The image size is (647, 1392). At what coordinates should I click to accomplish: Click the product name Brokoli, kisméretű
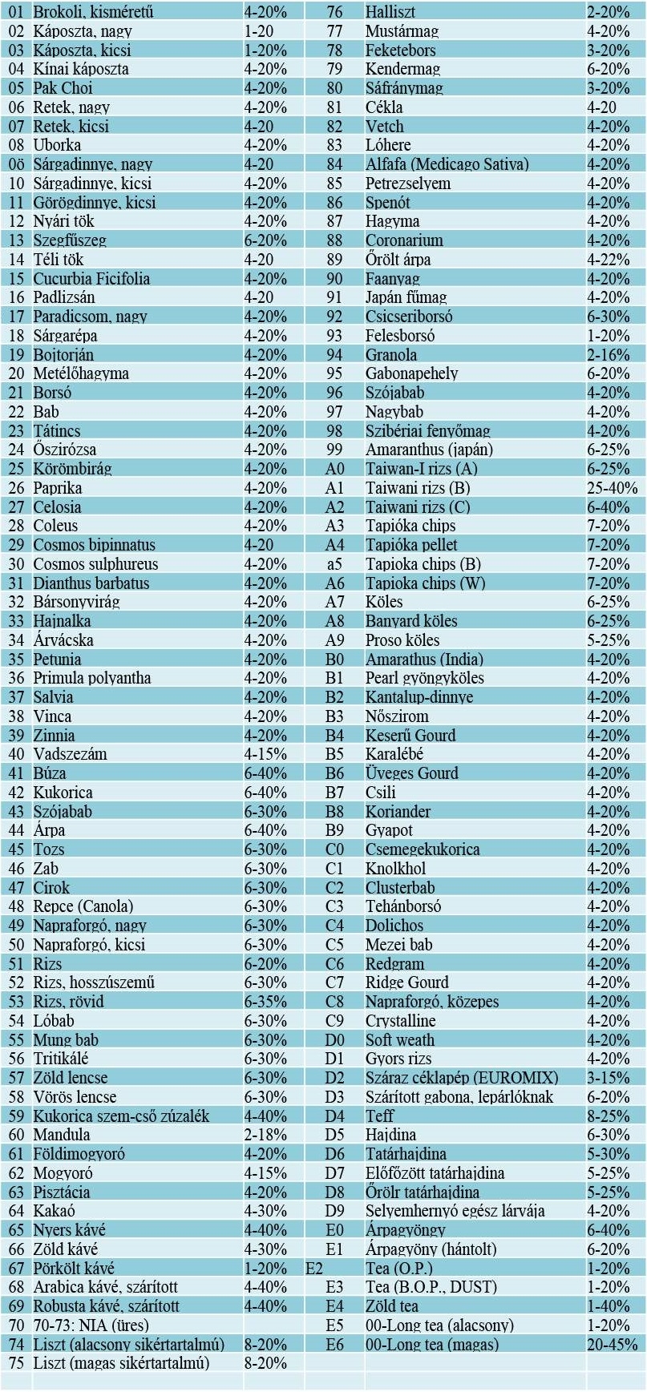click(93, 12)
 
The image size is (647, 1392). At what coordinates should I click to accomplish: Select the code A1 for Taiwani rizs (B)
click(334, 488)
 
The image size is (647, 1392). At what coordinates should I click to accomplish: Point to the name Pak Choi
click(63, 88)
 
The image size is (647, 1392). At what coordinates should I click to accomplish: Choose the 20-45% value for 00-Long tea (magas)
click(613, 1345)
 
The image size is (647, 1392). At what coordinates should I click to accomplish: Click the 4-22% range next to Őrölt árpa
click(608, 260)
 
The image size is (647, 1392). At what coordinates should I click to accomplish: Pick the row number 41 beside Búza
click(16, 773)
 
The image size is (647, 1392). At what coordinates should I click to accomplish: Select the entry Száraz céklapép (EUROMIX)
click(462, 1078)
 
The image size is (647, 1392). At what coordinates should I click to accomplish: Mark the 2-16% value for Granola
click(608, 355)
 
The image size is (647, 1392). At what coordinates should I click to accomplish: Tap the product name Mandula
click(62, 1135)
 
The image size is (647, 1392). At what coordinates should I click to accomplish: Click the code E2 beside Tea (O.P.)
click(314, 1269)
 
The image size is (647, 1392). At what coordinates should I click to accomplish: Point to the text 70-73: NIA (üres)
click(91, 1325)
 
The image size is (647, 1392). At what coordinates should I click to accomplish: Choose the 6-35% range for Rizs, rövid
click(265, 1002)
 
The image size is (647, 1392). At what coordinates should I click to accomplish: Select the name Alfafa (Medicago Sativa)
click(447, 164)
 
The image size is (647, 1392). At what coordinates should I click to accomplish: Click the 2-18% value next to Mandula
click(265, 1135)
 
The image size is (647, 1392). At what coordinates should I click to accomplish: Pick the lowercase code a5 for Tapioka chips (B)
click(334, 564)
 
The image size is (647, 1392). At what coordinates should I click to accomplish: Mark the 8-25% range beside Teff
click(608, 1116)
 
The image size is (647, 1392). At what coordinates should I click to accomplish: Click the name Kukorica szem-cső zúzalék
click(121, 1116)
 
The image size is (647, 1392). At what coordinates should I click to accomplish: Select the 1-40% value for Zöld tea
click(608, 1306)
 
